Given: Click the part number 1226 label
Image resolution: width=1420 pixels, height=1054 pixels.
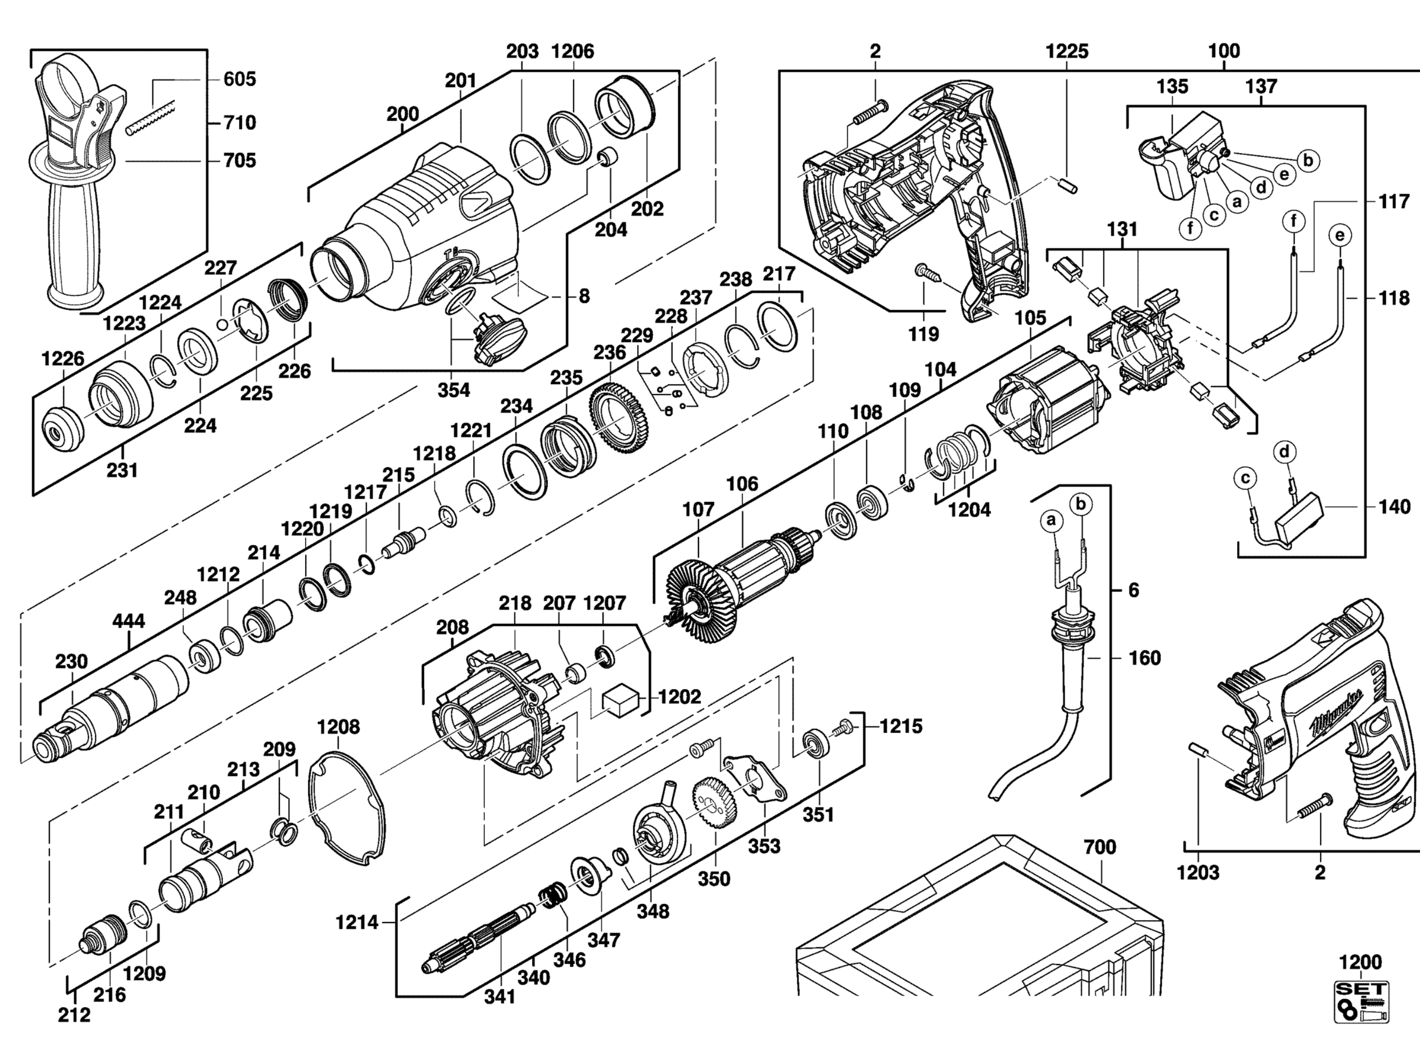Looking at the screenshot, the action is point(63,358).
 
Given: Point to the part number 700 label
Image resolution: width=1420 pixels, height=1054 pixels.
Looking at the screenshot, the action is point(1101,847).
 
